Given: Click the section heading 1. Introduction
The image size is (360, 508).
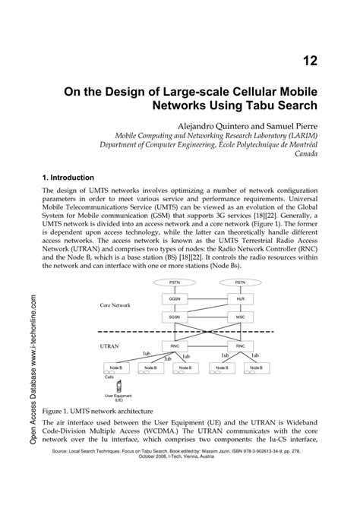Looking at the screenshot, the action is tap(78, 177).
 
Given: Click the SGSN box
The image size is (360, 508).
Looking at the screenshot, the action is tap(175, 316).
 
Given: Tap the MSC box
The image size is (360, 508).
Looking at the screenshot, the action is tap(240, 316).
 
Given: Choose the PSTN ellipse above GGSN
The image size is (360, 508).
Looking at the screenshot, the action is tap(175, 282).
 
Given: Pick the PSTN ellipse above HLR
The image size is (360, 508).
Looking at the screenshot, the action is tap(240, 282).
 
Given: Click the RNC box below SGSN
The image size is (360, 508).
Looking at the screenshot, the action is tap(175, 346).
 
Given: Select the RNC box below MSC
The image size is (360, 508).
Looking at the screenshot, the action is tap(240, 346).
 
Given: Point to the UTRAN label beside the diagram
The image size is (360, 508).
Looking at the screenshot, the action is tap(111, 345).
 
